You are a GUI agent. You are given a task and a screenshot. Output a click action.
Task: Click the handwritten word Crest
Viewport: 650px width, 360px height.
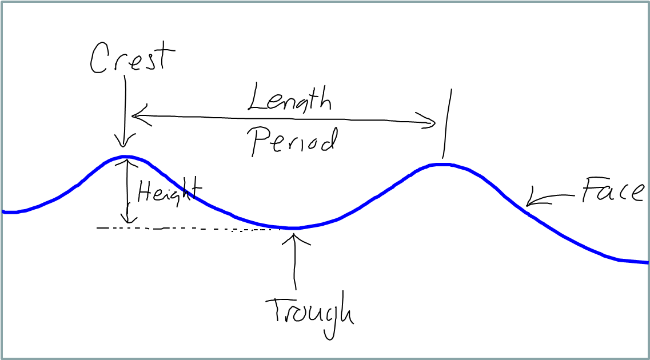point(132,58)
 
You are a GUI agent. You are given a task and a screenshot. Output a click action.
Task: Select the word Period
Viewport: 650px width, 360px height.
point(293,141)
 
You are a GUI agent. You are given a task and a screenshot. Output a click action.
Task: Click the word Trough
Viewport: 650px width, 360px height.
point(309,313)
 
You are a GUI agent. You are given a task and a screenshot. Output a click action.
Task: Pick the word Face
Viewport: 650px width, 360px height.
point(613,190)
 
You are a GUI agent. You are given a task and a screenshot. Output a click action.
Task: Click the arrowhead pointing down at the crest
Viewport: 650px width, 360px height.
point(123,141)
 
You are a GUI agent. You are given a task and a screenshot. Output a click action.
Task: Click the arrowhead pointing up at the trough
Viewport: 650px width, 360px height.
point(295,239)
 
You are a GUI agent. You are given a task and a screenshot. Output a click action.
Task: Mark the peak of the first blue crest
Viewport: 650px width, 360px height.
point(125,157)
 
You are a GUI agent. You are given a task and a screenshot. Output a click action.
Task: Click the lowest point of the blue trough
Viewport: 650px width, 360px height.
point(293,228)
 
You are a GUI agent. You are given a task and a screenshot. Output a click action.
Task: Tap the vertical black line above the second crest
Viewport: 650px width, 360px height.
point(447,123)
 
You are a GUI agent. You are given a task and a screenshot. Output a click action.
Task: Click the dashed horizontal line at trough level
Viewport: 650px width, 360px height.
point(189,228)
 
